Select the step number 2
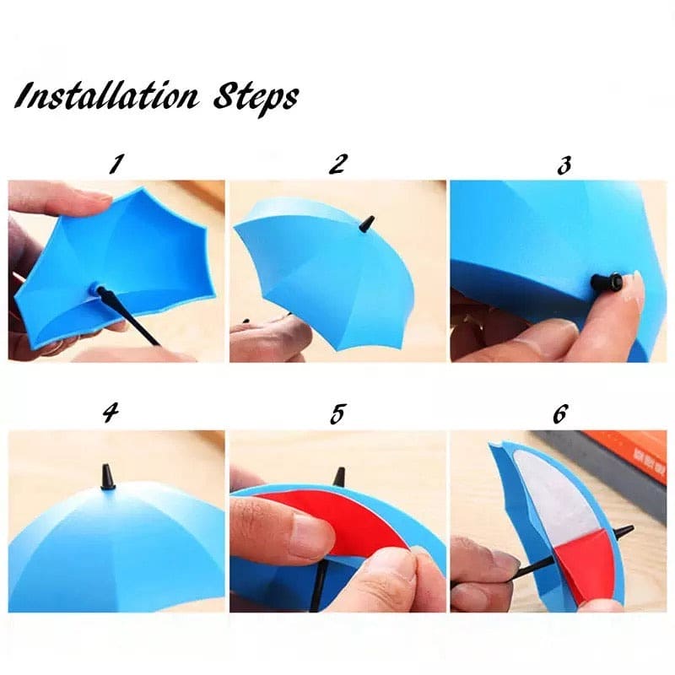[337, 163]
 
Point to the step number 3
[564, 164]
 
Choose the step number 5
[337, 414]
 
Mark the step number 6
[561, 414]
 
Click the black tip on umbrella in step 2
[367, 224]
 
